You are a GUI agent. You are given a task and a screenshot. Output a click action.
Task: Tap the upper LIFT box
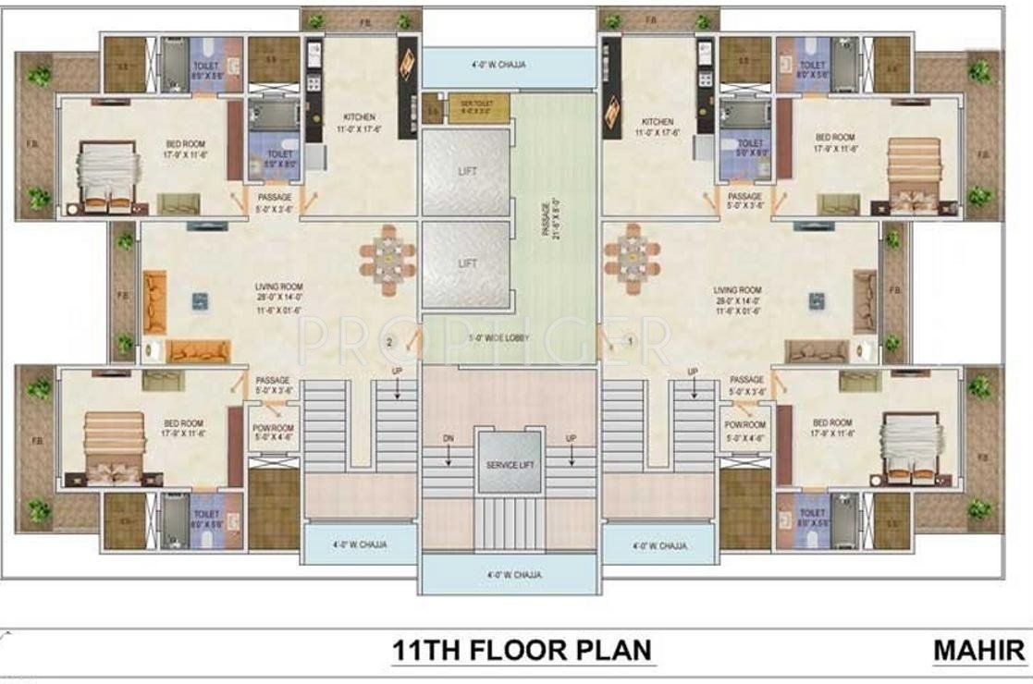tap(466, 172)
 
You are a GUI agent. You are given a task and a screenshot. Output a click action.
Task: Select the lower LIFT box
tap(466, 264)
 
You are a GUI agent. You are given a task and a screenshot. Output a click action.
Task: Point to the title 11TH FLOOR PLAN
tap(522, 650)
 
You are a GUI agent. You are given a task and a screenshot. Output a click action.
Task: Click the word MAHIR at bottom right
tap(978, 650)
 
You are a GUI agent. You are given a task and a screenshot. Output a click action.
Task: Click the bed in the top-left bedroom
tap(107, 176)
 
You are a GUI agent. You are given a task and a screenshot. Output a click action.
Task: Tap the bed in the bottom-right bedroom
tap(911, 446)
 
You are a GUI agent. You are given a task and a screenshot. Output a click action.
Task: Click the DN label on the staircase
tap(449, 437)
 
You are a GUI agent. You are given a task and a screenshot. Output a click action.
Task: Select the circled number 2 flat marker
tap(390, 343)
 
